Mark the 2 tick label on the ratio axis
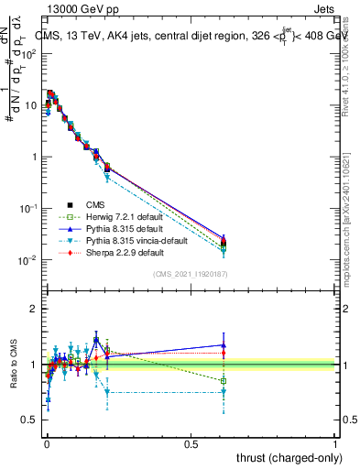[32, 309]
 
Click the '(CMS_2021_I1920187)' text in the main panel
[191, 274]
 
